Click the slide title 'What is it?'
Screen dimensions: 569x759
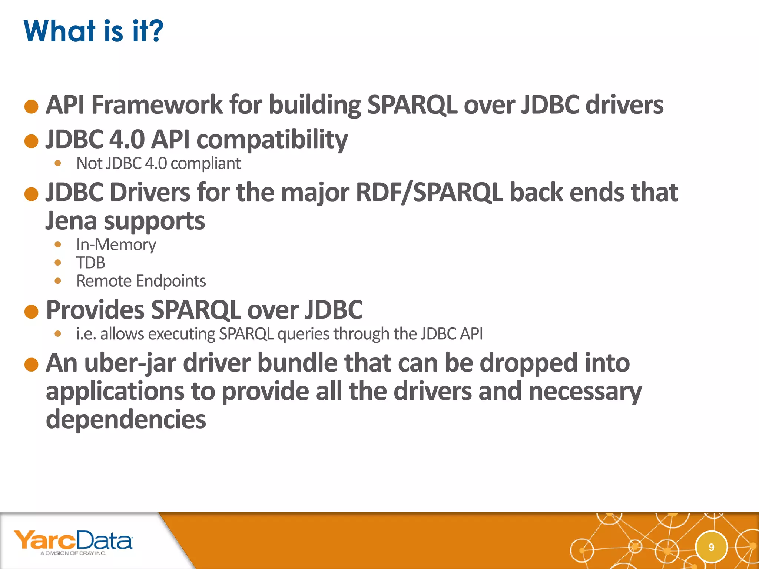click(93, 31)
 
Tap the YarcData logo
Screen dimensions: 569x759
click(73, 540)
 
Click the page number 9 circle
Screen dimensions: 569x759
click(711, 547)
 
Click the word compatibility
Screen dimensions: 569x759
click(272, 140)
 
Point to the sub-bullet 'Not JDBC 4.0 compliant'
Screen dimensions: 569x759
click(158, 163)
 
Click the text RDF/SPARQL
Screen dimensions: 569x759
click(429, 193)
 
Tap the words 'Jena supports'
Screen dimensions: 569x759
click(125, 221)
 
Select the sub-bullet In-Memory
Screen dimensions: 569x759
click(116, 244)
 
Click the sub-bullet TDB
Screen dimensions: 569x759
click(91, 263)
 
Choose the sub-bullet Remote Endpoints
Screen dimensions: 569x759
click(141, 281)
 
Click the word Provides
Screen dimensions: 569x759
click(95, 310)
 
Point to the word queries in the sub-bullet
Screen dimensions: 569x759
click(303, 334)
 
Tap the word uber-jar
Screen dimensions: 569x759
click(130, 363)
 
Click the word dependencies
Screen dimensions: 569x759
click(126, 419)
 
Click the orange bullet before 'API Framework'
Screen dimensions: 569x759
click(32, 106)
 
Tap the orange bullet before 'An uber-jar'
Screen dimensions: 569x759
click(32, 365)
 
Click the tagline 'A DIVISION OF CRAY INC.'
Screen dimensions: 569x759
click(73, 553)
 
